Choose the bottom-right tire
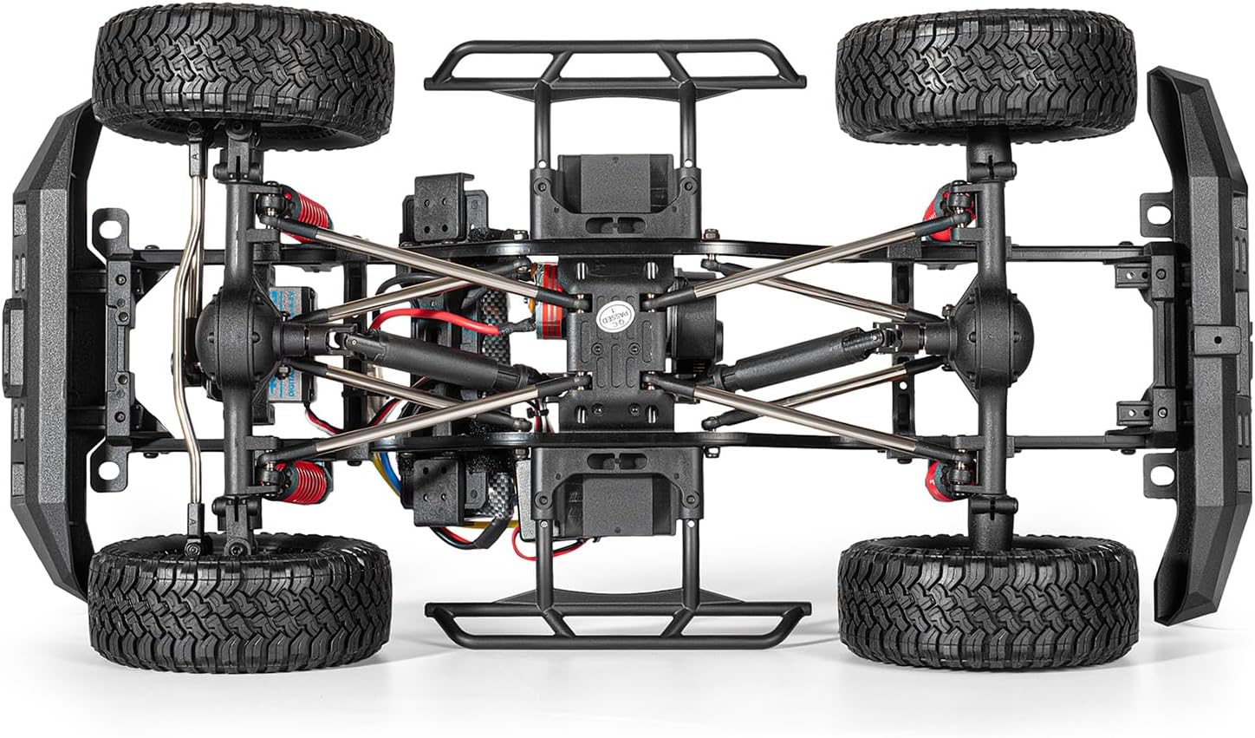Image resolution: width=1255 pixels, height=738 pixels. tap(988, 601)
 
